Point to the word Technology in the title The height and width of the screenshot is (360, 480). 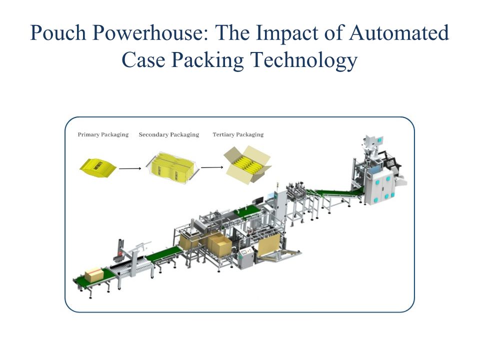pos(303,60)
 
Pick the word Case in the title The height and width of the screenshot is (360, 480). pos(143,60)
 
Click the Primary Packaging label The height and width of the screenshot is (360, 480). pos(103,134)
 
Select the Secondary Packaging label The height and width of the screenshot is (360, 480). pos(168,134)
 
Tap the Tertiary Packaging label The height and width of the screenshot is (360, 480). pos(238,134)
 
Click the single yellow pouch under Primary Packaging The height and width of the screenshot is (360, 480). pos(98,166)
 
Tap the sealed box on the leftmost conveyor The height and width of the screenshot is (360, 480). pos(94,274)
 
